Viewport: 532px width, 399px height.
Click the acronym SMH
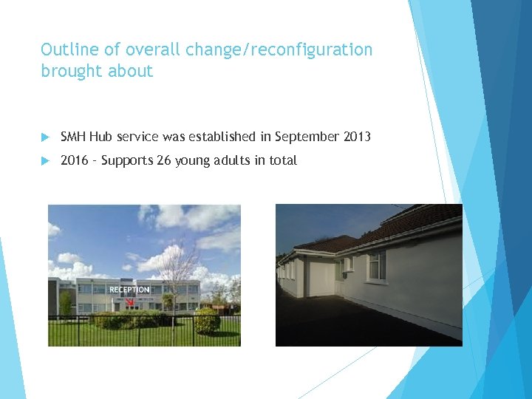73,137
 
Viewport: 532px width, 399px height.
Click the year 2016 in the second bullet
74,160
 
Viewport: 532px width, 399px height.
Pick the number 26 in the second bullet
164,160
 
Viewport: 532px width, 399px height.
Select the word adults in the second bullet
231,160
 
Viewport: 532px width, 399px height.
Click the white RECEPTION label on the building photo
129,290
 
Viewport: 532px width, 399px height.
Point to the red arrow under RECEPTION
129,301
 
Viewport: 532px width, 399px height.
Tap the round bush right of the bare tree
207,320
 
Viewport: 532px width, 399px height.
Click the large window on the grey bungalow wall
376,265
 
